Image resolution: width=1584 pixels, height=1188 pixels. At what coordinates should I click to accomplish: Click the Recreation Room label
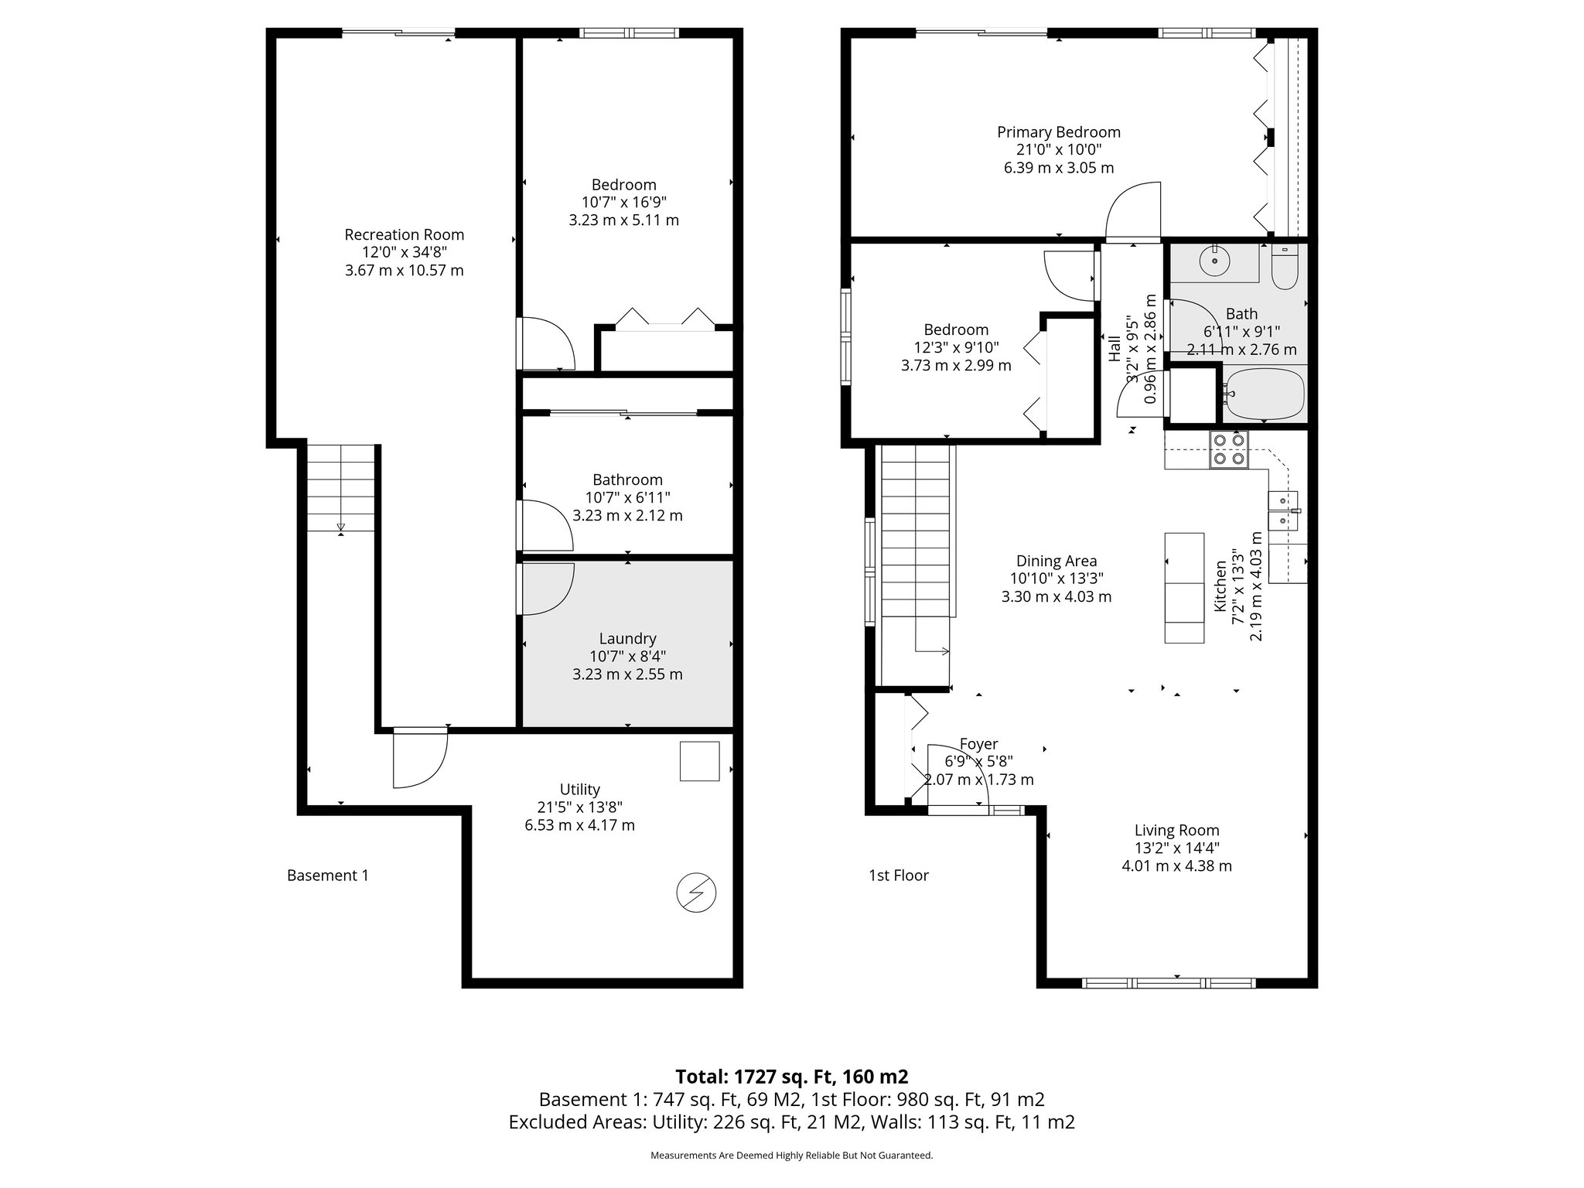tap(404, 234)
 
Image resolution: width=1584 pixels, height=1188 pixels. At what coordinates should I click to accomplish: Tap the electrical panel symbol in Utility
tap(696, 893)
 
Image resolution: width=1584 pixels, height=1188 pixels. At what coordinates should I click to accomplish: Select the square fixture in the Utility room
tap(699, 761)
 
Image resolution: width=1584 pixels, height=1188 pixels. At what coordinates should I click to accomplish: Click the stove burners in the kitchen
tap(1229, 449)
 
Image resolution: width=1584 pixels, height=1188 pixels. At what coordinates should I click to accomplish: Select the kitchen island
tap(1184, 588)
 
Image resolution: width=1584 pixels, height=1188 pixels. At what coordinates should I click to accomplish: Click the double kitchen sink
tap(1283, 510)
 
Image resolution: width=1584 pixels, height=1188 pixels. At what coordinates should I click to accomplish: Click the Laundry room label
tap(627, 638)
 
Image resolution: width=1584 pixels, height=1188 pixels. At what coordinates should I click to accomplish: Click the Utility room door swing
tap(420, 758)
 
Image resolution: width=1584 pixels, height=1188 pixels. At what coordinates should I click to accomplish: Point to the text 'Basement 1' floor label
tap(328, 876)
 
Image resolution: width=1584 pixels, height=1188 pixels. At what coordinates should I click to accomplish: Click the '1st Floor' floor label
tap(898, 876)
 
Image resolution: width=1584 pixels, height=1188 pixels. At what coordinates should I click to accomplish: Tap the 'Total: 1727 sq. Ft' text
tap(791, 1076)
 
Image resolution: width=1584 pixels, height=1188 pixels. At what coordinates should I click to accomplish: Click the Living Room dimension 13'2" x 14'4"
tap(1176, 848)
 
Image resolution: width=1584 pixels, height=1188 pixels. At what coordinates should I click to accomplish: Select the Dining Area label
tap(1056, 561)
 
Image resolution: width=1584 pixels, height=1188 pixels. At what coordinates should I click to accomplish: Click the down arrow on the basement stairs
tap(340, 527)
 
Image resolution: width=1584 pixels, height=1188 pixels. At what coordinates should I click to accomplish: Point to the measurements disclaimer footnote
tap(791, 1156)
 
